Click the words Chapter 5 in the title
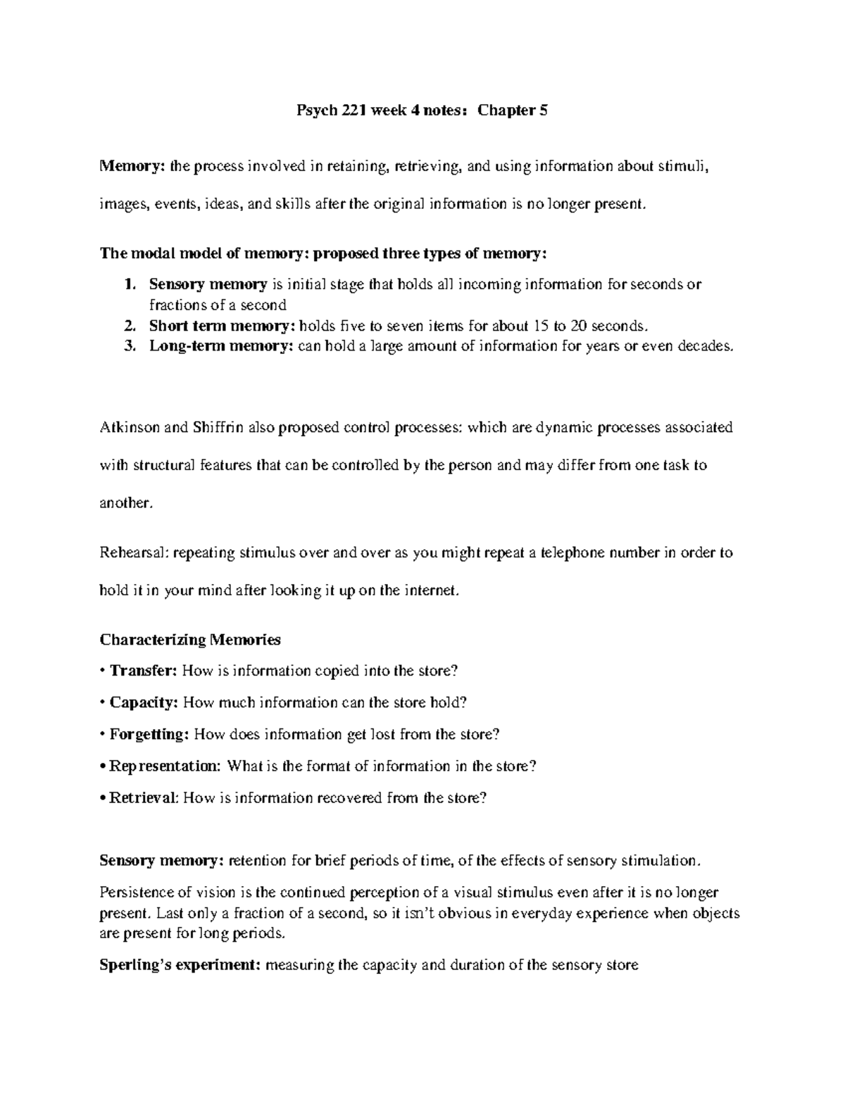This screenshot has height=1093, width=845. coord(513,110)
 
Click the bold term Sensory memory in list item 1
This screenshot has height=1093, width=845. coord(208,284)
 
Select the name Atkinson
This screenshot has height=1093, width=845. coord(128,427)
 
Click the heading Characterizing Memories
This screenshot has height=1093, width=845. coord(190,640)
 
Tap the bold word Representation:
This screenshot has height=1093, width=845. coord(164,766)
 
